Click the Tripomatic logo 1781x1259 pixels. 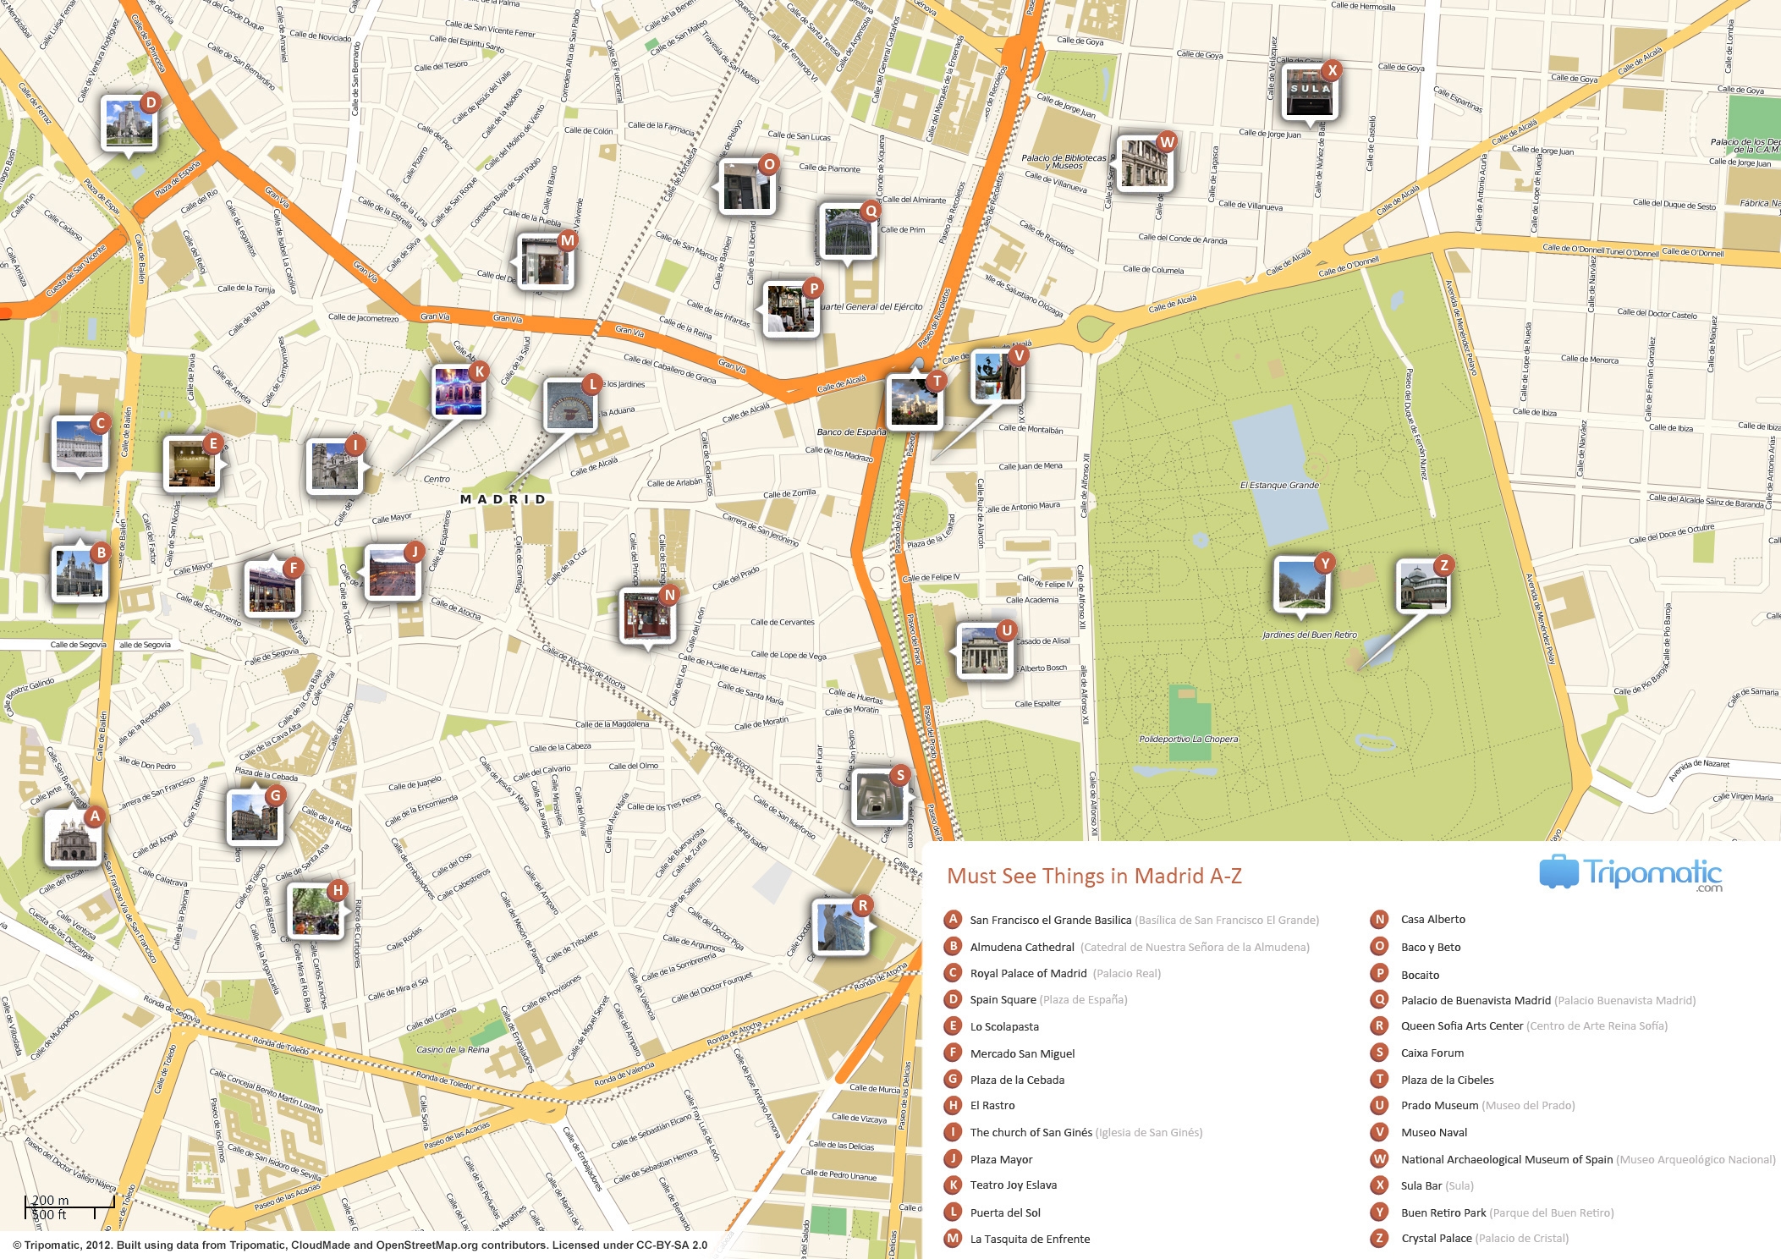point(1630,873)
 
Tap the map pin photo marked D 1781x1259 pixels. point(129,124)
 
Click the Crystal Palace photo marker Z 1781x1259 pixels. point(1422,586)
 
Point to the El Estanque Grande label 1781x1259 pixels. point(1279,486)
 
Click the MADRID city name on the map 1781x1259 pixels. point(503,499)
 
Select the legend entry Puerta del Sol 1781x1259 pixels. point(1005,1212)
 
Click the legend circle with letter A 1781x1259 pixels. point(953,920)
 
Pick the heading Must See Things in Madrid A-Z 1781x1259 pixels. point(1094,876)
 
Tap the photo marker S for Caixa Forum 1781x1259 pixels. point(879,795)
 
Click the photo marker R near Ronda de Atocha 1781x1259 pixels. point(839,926)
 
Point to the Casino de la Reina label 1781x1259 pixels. point(453,1050)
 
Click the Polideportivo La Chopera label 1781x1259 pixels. point(1188,739)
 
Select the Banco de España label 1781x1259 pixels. point(851,432)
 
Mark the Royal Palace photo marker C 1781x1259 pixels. point(79,443)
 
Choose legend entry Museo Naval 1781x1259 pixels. point(1434,1132)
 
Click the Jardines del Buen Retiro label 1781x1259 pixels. point(1309,635)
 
